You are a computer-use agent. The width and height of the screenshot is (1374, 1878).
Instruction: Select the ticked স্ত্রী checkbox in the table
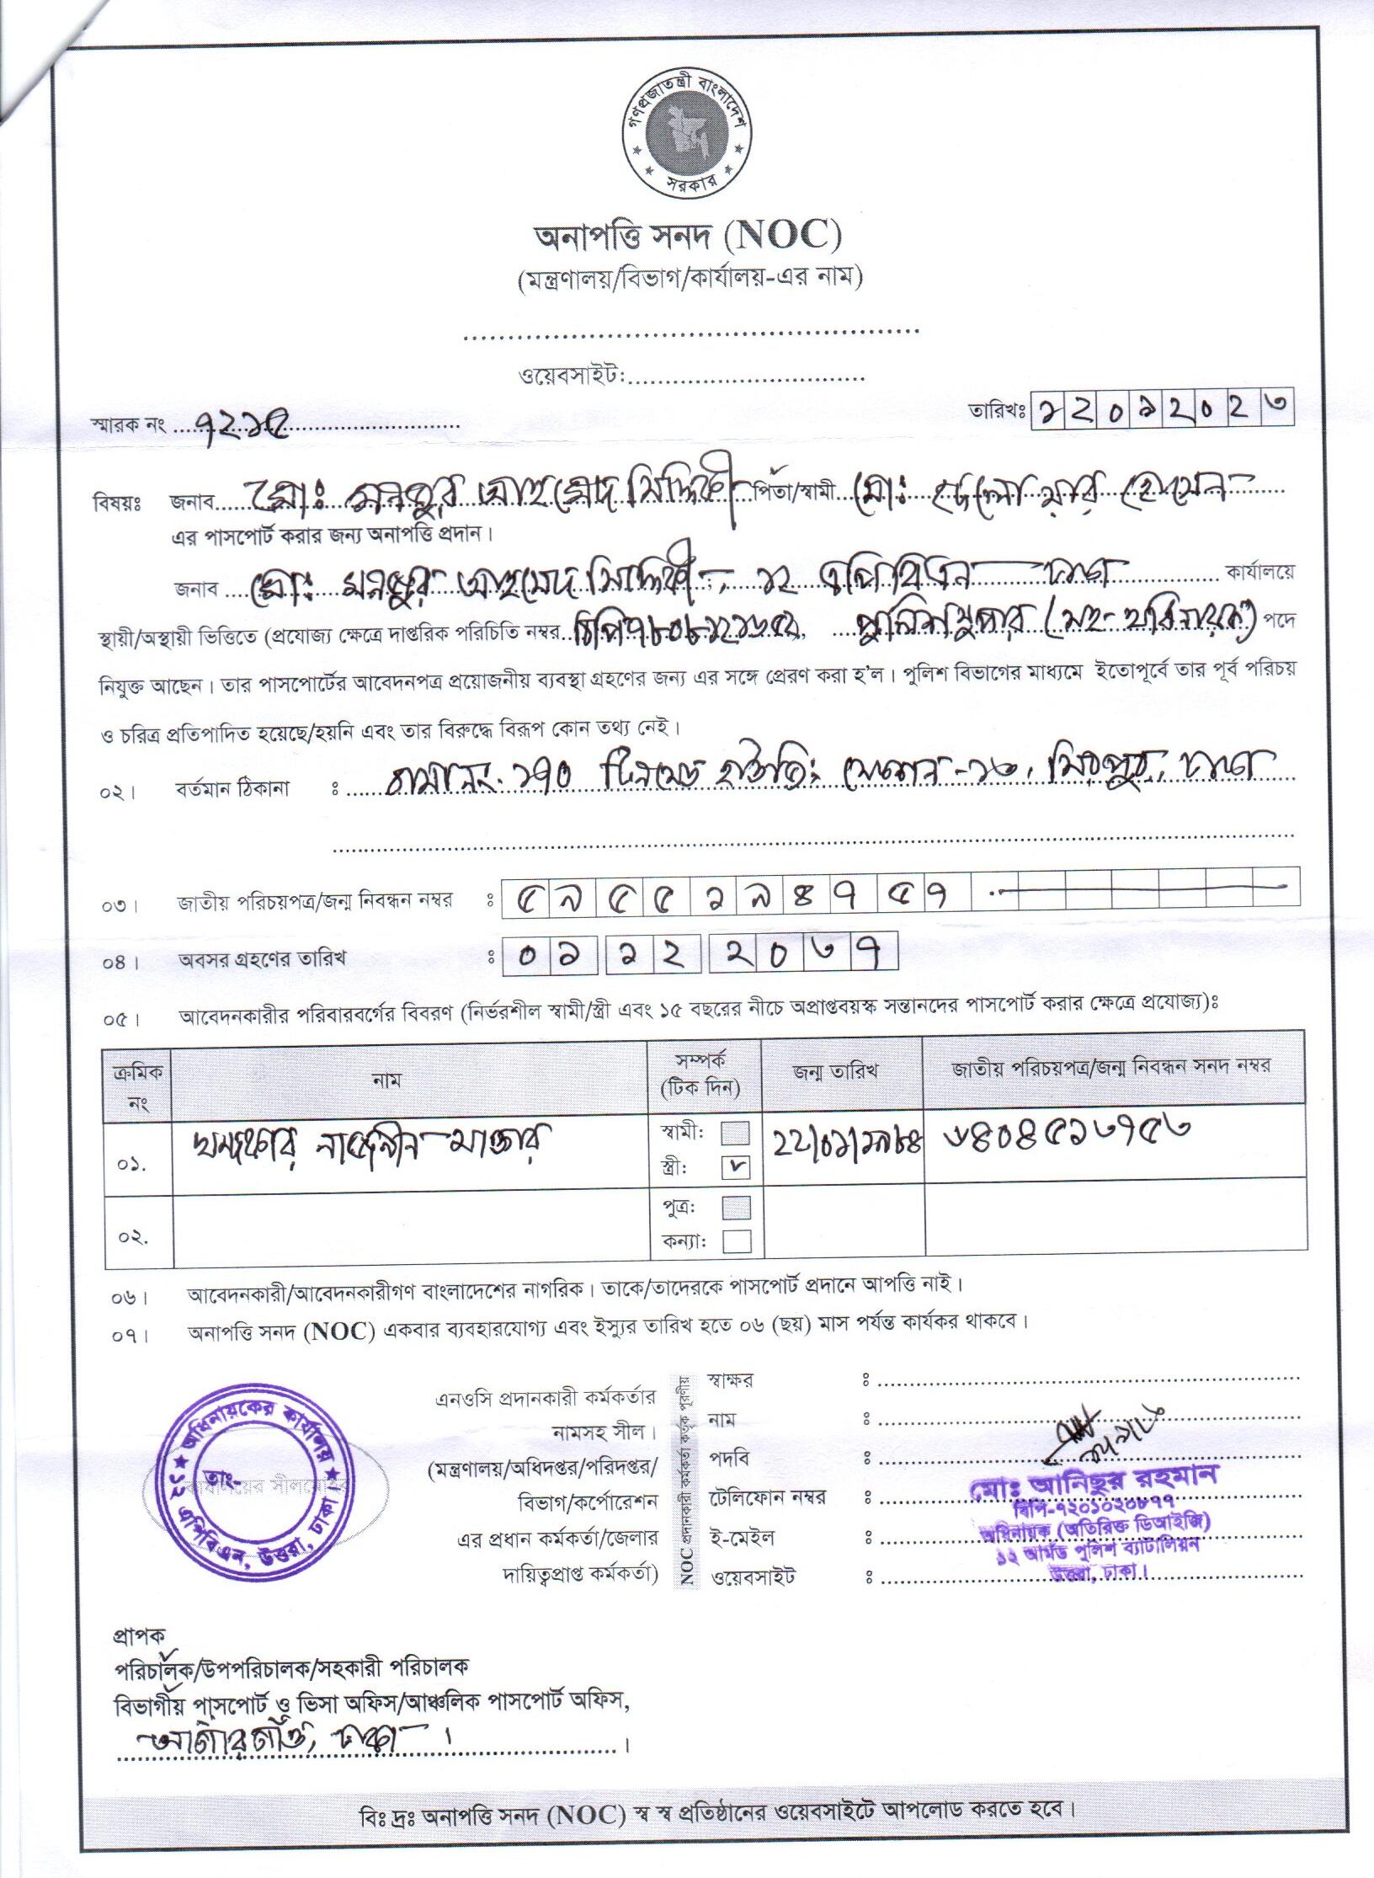pyautogui.click(x=736, y=1168)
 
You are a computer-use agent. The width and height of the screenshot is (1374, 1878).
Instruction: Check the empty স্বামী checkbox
pyautogui.click(x=736, y=1134)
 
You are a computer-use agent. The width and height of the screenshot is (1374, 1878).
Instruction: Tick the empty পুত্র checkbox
pyautogui.click(x=736, y=1208)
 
